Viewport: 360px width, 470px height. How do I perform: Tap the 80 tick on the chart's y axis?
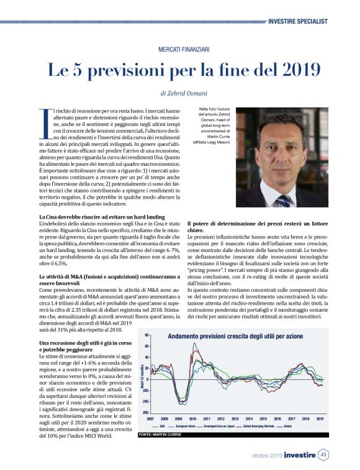click(146, 335)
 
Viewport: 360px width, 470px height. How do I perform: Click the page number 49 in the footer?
click(323, 456)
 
